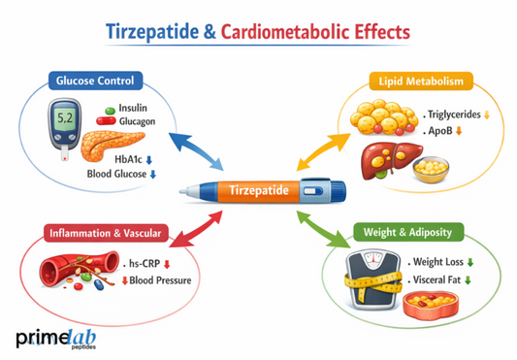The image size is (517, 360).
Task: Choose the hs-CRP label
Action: (148, 263)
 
